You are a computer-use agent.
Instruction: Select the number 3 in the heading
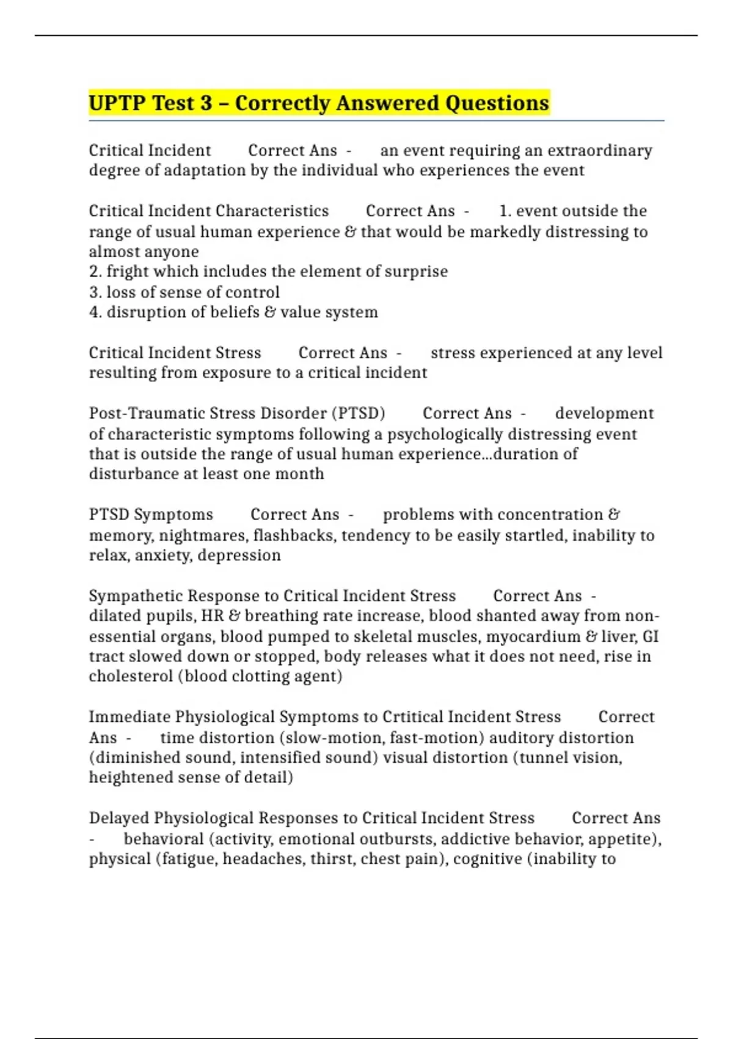(x=205, y=103)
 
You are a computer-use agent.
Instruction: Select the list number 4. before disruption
(x=95, y=312)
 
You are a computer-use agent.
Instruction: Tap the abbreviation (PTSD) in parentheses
(x=358, y=414)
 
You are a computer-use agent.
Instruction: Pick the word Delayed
(x=119, y=818)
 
